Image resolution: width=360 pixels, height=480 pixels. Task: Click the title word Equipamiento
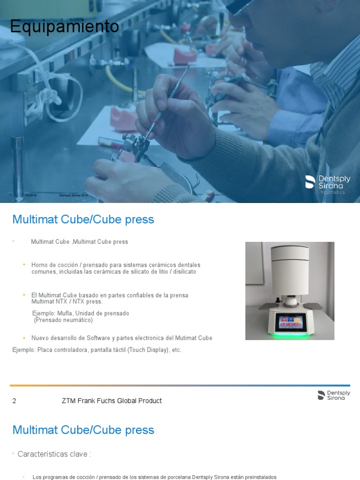tap(64, 27)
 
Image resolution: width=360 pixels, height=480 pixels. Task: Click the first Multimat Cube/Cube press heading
tap(83, 219)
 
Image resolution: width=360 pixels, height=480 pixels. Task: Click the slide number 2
tap(14, 401)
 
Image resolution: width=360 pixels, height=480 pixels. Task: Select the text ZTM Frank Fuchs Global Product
tap(112, 401)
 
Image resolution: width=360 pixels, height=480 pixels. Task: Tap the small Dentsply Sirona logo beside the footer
tap(334, 395)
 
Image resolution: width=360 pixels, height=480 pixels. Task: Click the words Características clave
tap(54, 454)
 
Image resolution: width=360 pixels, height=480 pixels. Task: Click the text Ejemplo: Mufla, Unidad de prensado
tap(81, 313)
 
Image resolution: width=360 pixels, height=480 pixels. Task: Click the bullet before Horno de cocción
tap(24, 265)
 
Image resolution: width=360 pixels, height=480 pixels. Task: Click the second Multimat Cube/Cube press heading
tap(83, 430)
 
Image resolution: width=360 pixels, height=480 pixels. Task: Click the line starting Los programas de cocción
tap(154, 477)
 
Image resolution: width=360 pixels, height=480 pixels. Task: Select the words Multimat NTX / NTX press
tap(67, 301)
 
